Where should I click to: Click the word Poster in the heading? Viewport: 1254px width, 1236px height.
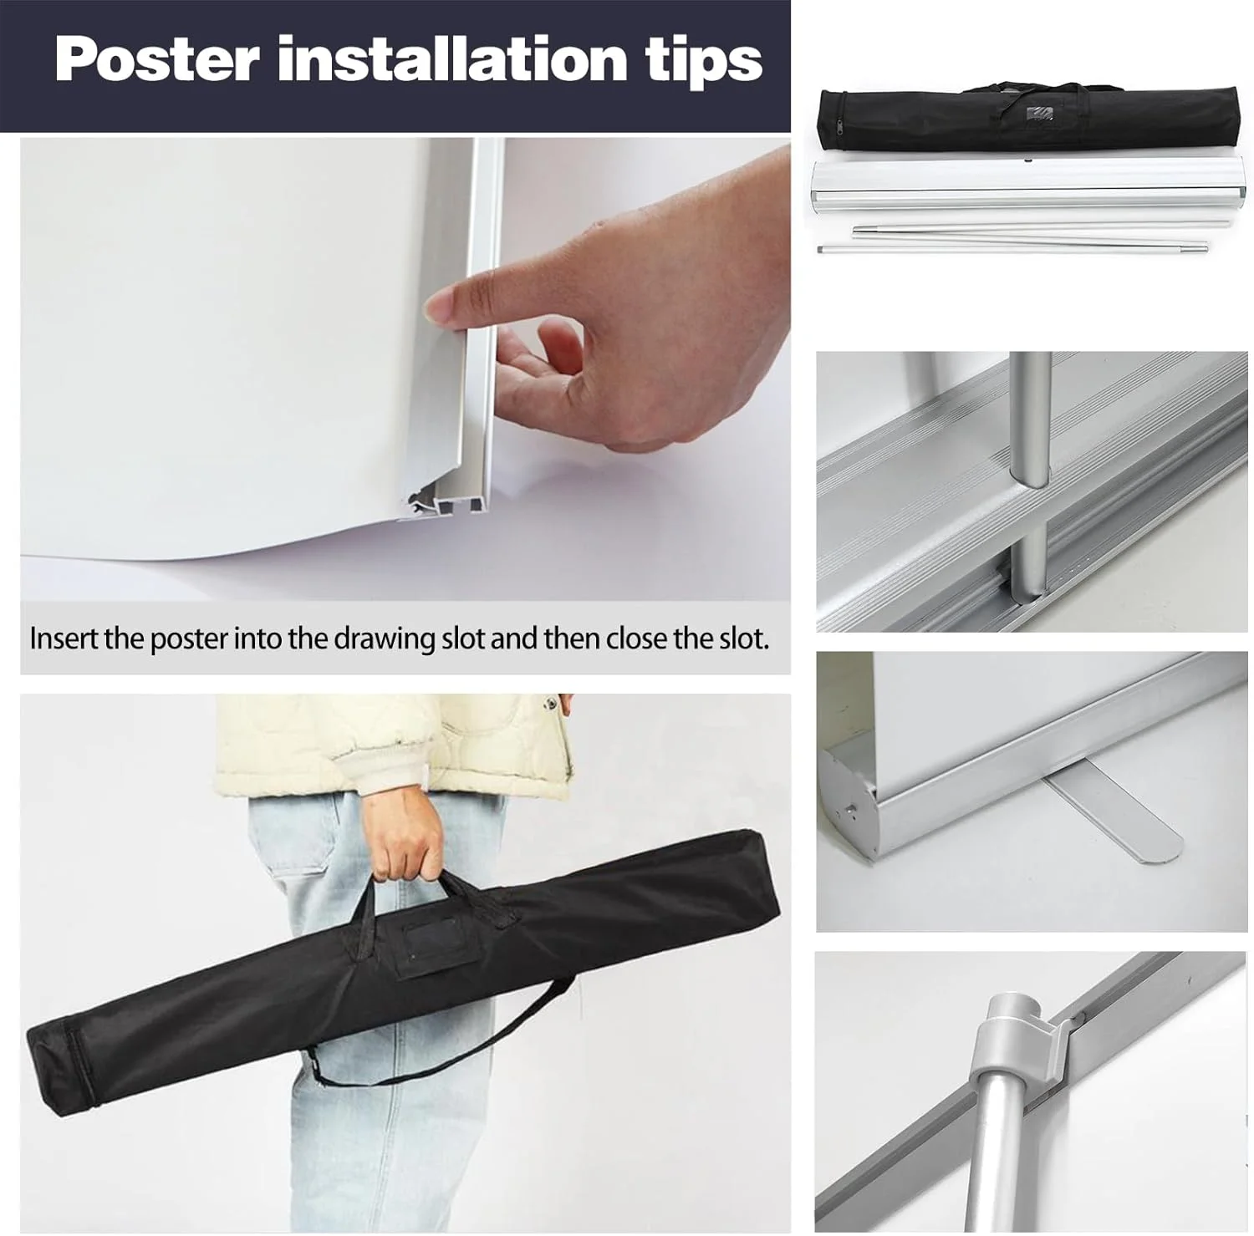pos(157,59)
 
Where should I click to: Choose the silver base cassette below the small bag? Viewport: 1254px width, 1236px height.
pos(1030,188)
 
